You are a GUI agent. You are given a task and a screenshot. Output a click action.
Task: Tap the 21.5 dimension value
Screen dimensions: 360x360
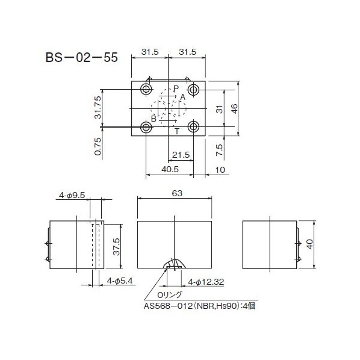point(181,155)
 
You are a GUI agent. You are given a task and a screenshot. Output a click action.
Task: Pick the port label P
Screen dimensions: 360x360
point(176,89)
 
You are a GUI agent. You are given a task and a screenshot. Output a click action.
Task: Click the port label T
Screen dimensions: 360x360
point(176,129)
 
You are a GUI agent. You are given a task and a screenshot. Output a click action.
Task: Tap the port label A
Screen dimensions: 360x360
point(182,98)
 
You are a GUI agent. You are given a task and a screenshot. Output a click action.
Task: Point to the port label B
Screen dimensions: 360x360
point(154,119)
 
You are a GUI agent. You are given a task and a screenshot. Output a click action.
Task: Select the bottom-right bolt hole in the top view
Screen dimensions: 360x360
point(193,127)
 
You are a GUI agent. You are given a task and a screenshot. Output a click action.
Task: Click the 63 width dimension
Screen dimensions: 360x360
point(176,194)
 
